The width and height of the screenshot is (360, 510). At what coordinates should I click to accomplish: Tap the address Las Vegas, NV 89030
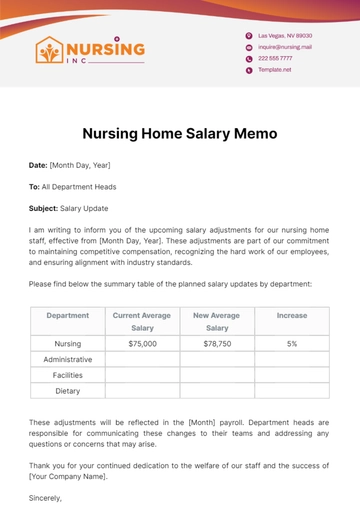(x=283, y=35)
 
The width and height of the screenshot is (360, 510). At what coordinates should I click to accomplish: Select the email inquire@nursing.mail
(x=285, y=46)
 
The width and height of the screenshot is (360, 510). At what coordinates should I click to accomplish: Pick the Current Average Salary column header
(x=141, y=320)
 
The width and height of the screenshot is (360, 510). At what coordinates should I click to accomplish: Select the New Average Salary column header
(x=217, y=320)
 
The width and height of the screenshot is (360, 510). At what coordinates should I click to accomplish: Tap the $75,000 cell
(x=141, y=343)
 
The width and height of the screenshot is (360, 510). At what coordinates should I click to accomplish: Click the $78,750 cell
(x=217, y=343)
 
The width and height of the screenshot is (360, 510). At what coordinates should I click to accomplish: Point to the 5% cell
(x=292, y=343)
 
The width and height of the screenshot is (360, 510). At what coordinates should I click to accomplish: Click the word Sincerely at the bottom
(x=46, y=496)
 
